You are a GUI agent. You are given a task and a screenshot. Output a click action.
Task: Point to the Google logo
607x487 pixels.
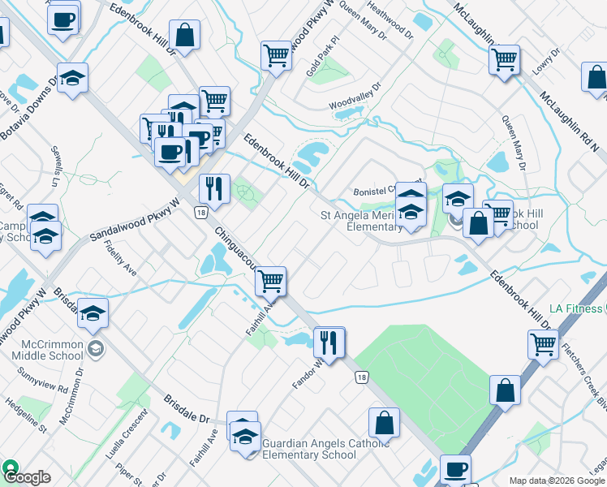coord(26,477)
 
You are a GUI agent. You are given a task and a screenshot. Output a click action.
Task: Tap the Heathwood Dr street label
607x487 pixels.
coord(385,18)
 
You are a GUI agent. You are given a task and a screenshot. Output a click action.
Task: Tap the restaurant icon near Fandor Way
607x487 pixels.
coord(329,342)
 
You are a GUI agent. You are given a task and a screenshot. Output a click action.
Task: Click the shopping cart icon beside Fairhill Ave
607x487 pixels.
coord(270,281)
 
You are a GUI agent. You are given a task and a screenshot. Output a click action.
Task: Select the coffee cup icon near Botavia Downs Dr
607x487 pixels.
coord(62,19)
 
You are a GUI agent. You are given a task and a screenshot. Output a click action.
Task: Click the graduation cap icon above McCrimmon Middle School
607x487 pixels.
coord(94,313)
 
